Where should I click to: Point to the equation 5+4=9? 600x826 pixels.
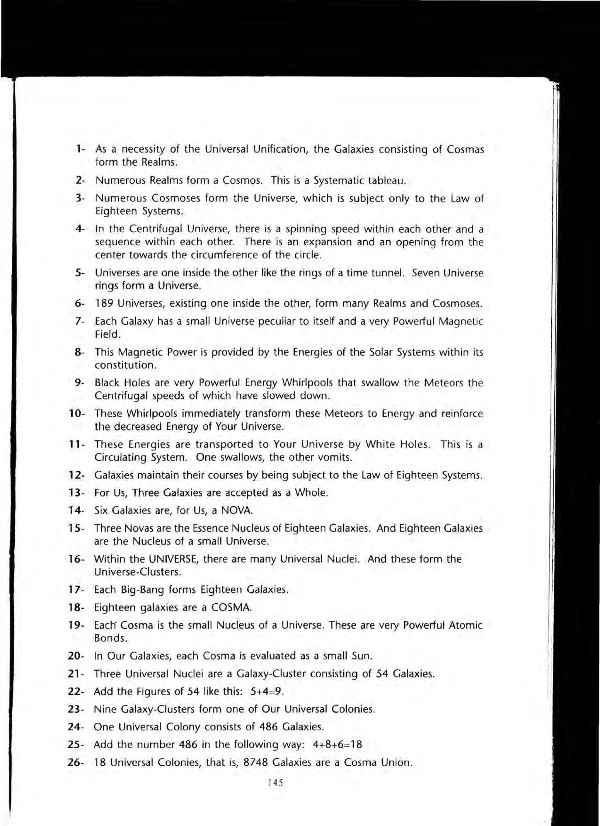pos(267,691)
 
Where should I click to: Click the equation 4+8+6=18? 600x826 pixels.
pos(337,745)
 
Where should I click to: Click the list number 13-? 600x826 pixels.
pos(76,493)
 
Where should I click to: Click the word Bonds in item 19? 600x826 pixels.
pos(110,638)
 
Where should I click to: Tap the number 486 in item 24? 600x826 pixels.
pos(269,727)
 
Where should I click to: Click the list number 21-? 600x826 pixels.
pos(76,674)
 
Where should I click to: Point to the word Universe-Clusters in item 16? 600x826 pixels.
pos(137,572)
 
